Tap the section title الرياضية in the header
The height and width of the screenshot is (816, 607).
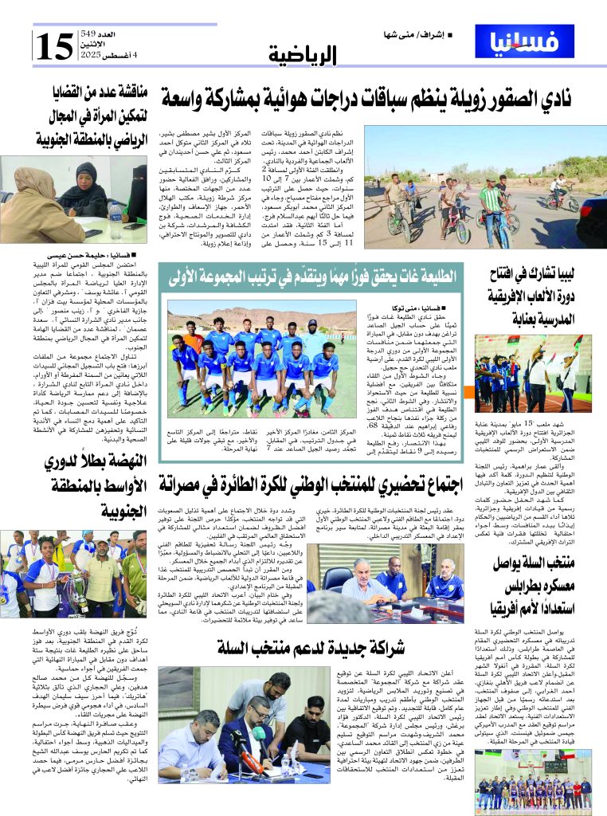coord(303,54)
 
